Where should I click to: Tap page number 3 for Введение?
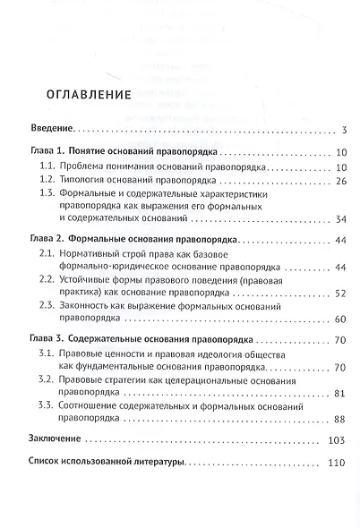point(343,130)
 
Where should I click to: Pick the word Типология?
point(104,181)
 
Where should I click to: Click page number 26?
point(340,181)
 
